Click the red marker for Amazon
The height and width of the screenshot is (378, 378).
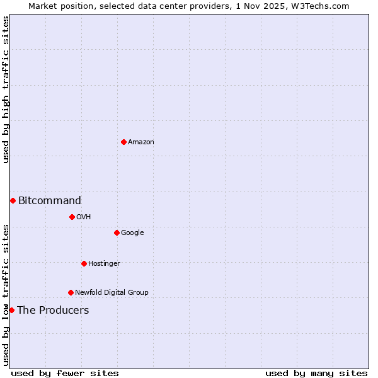tap(123, 142)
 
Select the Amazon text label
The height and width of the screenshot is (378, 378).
tap(140, 142)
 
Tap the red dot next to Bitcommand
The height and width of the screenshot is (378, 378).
tap(13, 200)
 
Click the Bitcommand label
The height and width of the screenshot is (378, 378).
tap(49, 201)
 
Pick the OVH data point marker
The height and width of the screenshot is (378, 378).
tap(72, 217)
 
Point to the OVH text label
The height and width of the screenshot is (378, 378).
tap(83, 217)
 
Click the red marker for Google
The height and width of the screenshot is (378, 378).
tap(117, 232)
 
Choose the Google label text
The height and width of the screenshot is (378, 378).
tap(132, 233)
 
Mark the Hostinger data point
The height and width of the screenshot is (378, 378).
tap(84, 263)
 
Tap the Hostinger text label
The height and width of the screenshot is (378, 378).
tap(104, 264)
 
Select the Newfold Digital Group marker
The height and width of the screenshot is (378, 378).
tap(71, 292)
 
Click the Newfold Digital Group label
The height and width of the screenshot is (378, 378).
tap(112, 293)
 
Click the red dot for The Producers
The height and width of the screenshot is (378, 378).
tap(11, 310)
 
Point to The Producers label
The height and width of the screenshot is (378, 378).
tap(53, 311)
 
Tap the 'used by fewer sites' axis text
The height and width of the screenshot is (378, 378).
tap(64, 374)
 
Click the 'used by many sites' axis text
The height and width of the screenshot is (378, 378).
tap(316, 374)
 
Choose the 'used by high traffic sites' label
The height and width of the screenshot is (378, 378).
tap(6, 90)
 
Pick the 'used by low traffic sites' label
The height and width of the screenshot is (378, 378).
tap(6, 295)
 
